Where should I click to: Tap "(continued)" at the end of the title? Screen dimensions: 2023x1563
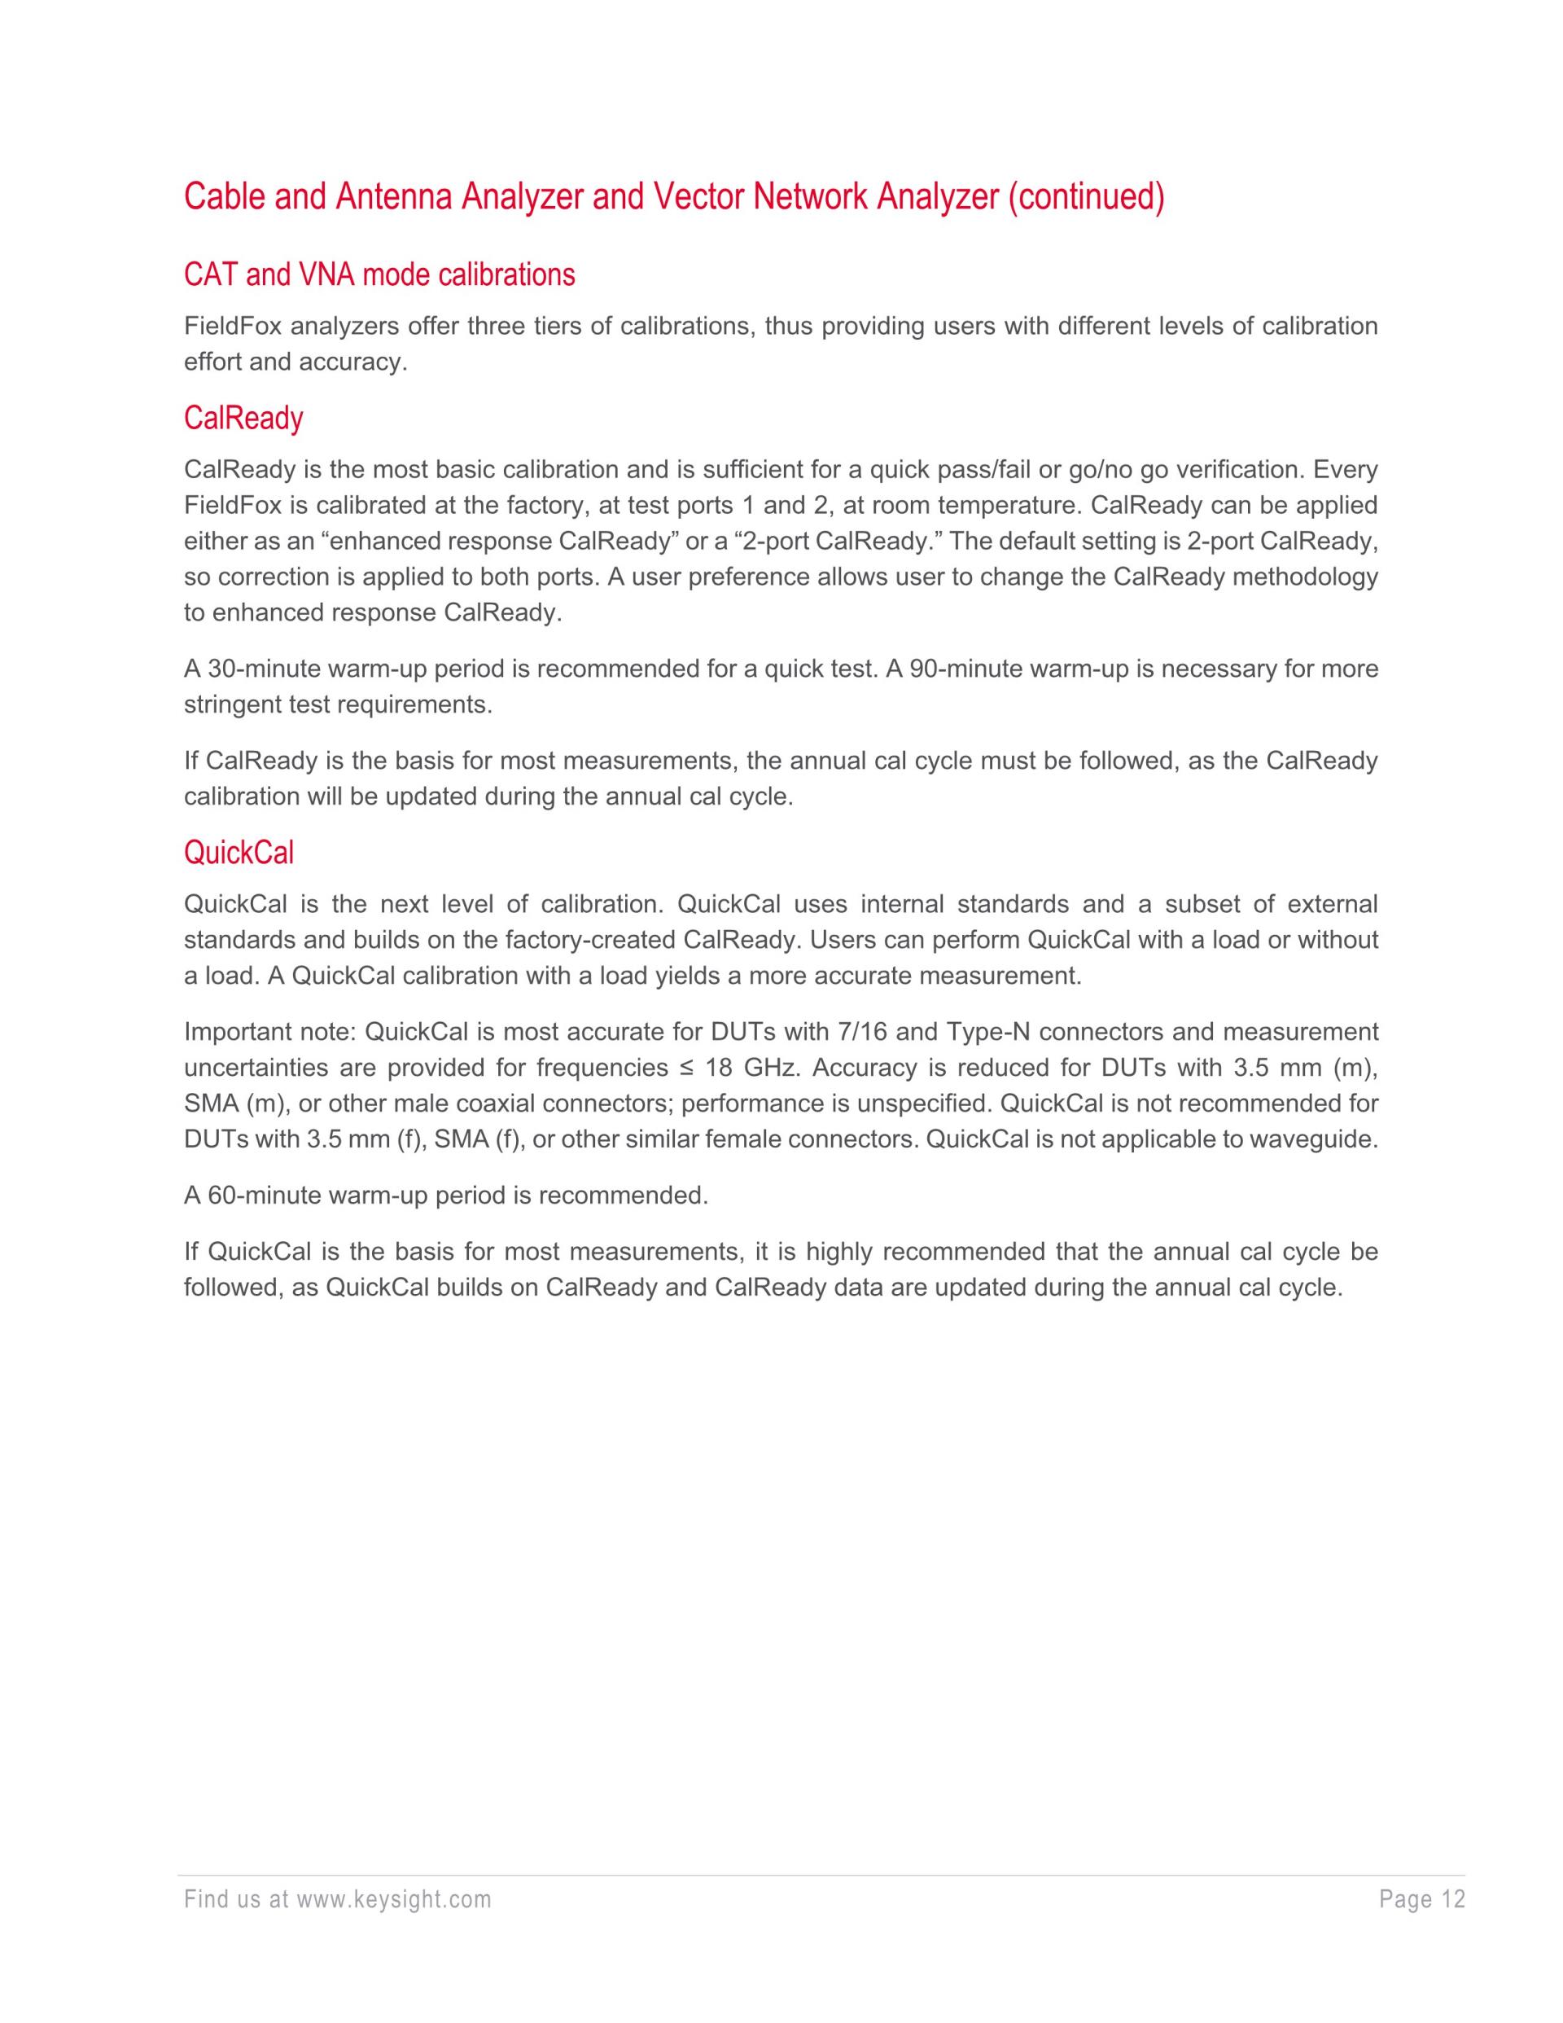coord(1086,197)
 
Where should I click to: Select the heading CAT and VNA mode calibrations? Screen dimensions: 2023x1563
coord(379,275)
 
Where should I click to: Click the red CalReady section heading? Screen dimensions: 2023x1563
coord(243,419)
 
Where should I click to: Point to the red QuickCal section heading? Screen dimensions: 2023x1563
coord(239,852)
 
